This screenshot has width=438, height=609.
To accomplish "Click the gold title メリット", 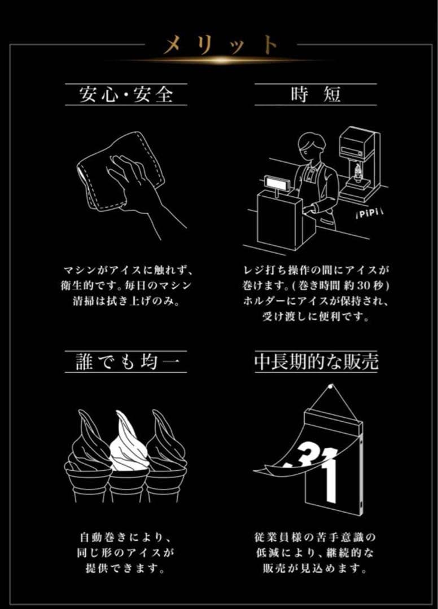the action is [220, 45].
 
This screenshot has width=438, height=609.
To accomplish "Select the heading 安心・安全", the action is [126, 94].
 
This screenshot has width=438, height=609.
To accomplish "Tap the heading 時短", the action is [316, 94].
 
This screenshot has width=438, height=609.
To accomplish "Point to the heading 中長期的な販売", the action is [316, 361].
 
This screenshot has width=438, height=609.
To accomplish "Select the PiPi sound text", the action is [367, 215].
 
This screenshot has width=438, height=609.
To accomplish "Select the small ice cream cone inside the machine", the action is [357, 171].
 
